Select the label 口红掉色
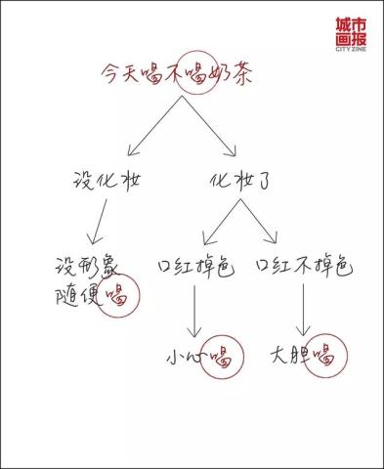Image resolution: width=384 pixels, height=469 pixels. pos(195,265)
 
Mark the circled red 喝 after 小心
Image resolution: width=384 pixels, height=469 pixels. pos(224,354)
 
